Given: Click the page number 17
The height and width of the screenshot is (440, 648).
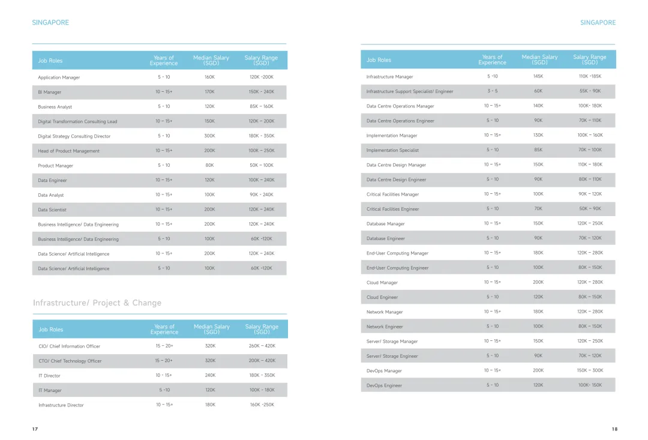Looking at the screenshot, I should click(35, 429).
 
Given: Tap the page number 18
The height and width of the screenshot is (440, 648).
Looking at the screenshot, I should click(614, 429).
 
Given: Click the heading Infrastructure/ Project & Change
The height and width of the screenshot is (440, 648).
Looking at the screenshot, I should click(97, 303).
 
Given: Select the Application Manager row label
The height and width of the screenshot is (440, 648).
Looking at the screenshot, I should click(59, 77).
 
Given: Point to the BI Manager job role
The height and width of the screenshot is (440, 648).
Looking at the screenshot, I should click(50, 92).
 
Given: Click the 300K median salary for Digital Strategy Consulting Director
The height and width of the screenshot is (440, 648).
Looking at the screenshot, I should click(209, 136).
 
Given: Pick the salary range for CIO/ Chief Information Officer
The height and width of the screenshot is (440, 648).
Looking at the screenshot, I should click(262, 346).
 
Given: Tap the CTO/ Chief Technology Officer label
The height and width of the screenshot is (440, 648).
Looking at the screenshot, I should click(70, 361).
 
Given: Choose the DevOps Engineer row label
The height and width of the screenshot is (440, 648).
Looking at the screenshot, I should click(385, 386).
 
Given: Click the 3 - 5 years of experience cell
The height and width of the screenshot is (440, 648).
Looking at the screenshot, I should click(493, 91).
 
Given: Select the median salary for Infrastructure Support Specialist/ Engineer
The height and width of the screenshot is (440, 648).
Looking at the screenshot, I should click(538, 91).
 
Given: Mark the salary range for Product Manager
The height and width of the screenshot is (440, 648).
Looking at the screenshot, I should click(262, 166).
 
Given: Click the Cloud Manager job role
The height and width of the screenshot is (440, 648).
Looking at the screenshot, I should click(382, 283).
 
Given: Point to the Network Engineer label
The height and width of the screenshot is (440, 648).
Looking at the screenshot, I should click(385, 327).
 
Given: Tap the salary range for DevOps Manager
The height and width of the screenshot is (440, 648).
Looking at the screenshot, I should click(590, 370).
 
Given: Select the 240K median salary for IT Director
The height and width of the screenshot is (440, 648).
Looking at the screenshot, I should click(210, 375).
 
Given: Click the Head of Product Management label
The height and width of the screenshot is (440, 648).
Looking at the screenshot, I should click(69, 151).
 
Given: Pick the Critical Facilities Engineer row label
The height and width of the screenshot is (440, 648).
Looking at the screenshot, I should click(393, 209).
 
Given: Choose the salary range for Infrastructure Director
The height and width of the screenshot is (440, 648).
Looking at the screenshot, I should click(262, 405).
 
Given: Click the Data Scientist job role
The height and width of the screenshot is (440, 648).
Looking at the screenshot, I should click(52, 210).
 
